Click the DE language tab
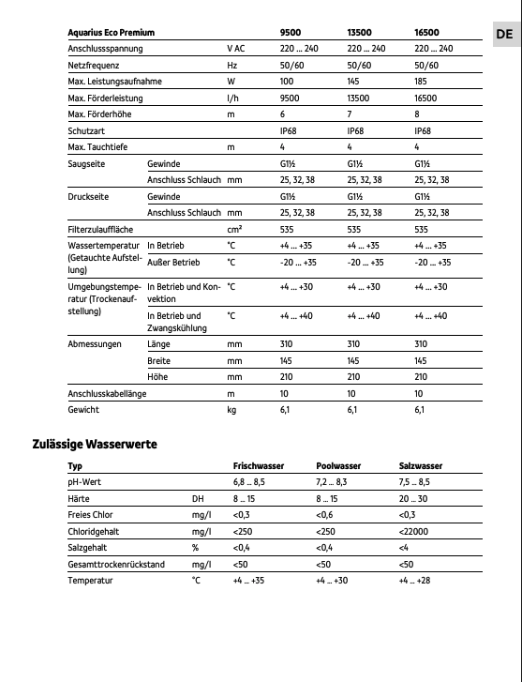[x=504, y=33]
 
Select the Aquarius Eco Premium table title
[x=111, y=32]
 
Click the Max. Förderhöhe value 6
[x=283, y=114]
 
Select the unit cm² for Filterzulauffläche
[x=234, y=228]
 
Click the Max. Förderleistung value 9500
[x=290, y=99]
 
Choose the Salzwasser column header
[x=421, y=465]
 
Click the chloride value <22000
[x=415, y=531]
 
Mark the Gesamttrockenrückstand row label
[x=117, y=564]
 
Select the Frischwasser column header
[x=259, y=465]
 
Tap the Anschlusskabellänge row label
[x=107, y=393]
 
